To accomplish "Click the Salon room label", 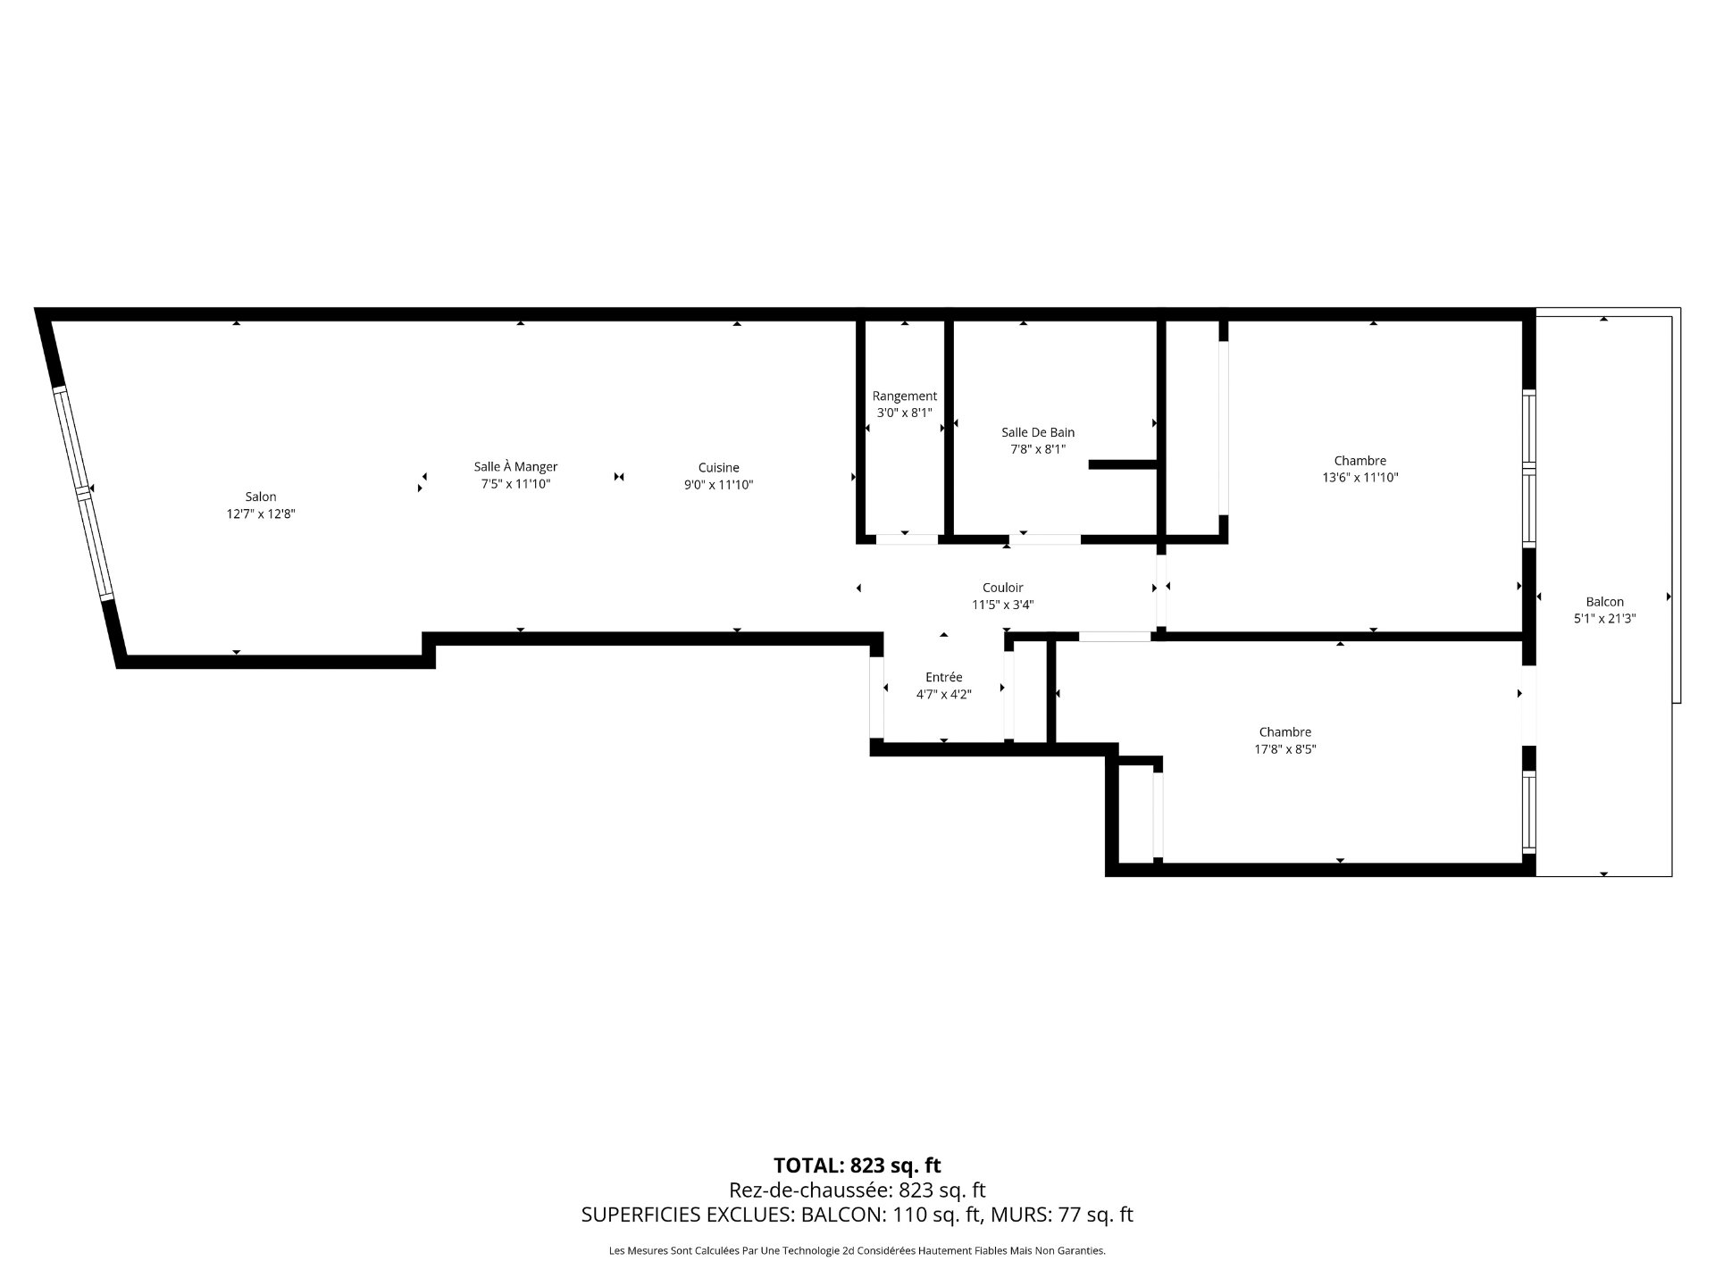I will pyautogui.click(x=261, y=497).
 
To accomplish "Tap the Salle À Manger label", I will pyautogui.click(x=515, y=466).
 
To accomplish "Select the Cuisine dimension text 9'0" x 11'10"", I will pyautogui.click(x=718, y=485).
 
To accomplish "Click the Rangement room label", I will pyautogui.click(x=905, y=396).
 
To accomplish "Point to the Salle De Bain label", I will pyautogui.click(x=1038, y=432).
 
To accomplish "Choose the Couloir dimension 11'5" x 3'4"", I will pyautogui.click(x=1002, y=605).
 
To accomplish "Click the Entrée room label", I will pyautogui.click(x=943, y=677).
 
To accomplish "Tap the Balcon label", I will pyautogui.click(x=1604, y=601).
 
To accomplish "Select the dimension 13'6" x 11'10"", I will pyautogui.click(x=1359, y=478).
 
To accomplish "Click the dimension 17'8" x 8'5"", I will pyautogui.click(x=1284, y=749).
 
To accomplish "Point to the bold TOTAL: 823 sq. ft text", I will pyautogui.click(x=857, y=1165).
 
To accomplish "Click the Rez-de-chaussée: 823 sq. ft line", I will pyautogui.click(x=857, y=1190).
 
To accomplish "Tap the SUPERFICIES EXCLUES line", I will pyautogui.click(x=857, y=1215).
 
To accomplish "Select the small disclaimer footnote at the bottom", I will pyautogui.click(x=857, y=1251).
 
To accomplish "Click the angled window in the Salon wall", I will pyautogui.click(x=84, y=492).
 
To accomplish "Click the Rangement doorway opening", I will pyautogui.click(x=906, y=539).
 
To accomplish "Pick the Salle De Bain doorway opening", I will pyautogui.click(x=1045, y=539).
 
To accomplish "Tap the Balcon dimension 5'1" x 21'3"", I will pyautogui.click(x=1604, y=618).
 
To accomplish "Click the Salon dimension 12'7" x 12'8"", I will pyautogui.click(x=261, y=514).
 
